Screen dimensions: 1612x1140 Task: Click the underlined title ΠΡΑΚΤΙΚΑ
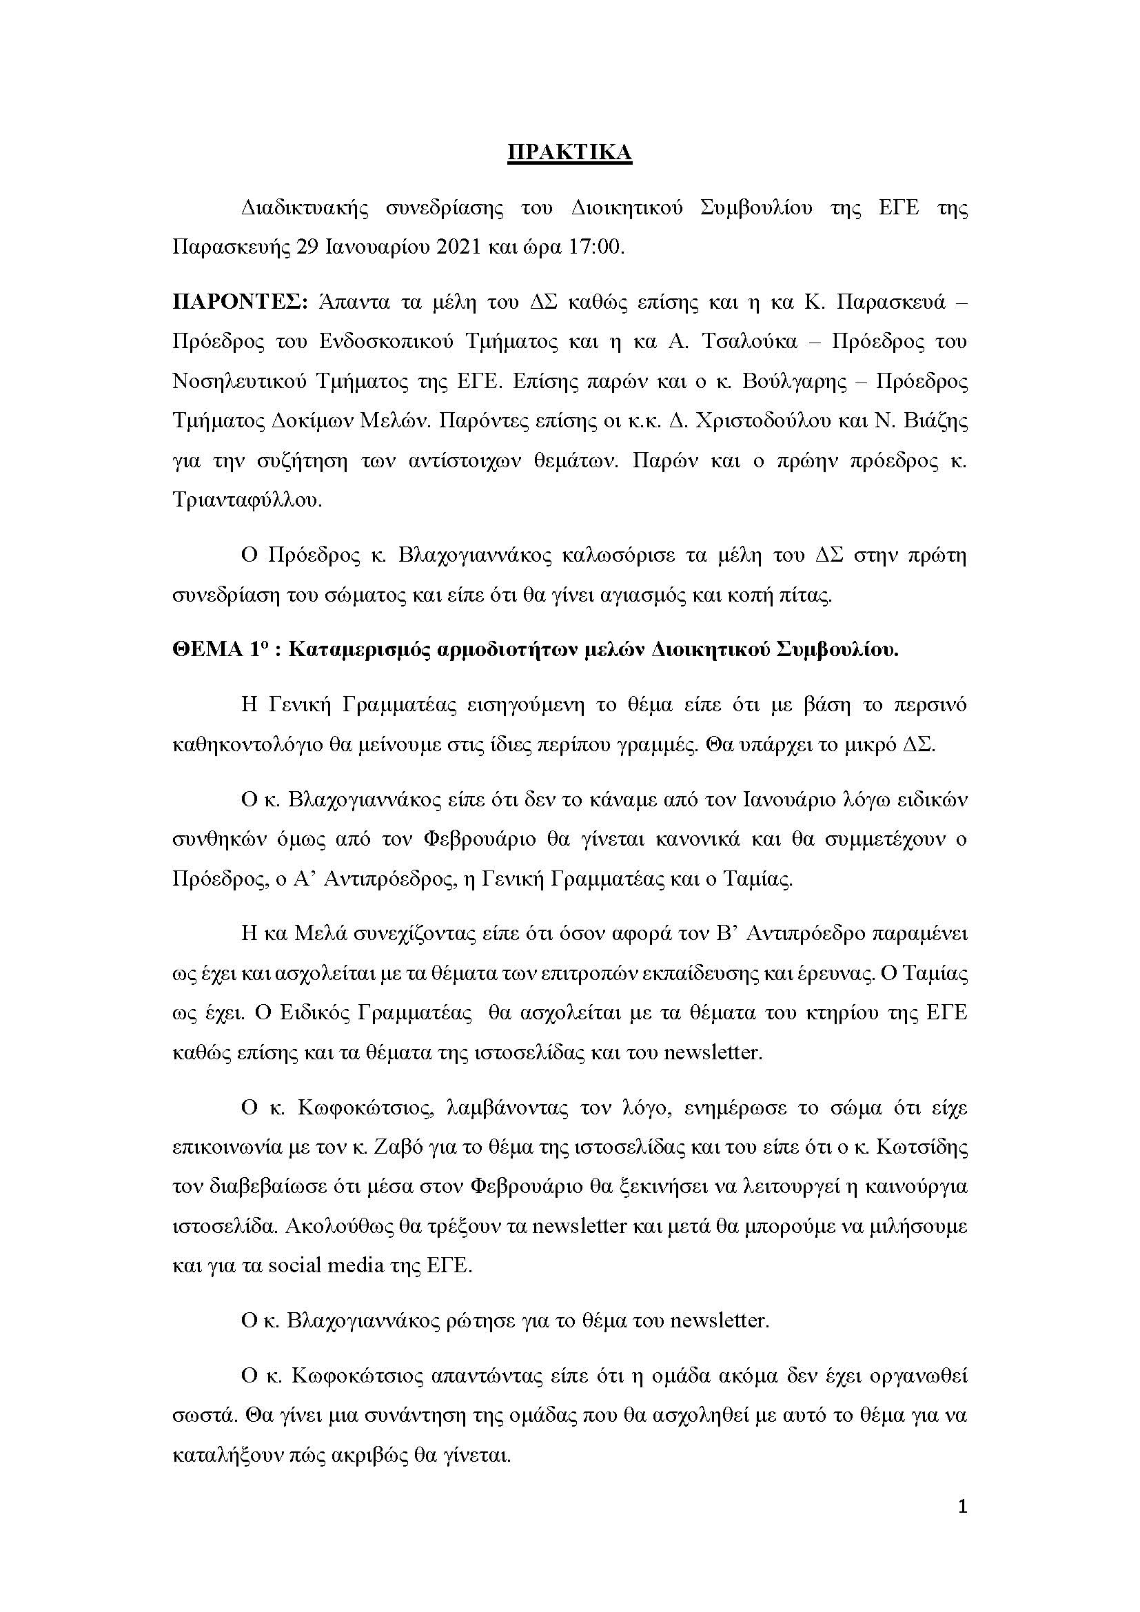[x=569, y=153]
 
